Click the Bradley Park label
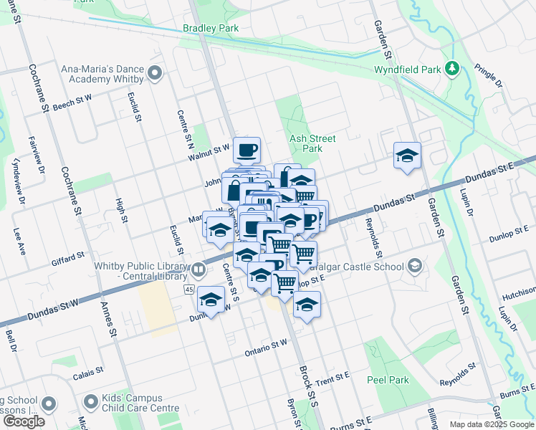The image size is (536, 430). [x=211, y=28]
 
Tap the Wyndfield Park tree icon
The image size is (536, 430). [x=452, y=69]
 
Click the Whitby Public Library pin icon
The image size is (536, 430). [x=198, y=270]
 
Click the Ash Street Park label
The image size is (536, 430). [x=312, y=143]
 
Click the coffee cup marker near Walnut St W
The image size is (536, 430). [x=247, y=150]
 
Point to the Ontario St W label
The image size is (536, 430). [x=266, y=344]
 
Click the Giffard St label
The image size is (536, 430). [x=68, y=254]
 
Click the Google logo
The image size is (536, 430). [x=23, y=421]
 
